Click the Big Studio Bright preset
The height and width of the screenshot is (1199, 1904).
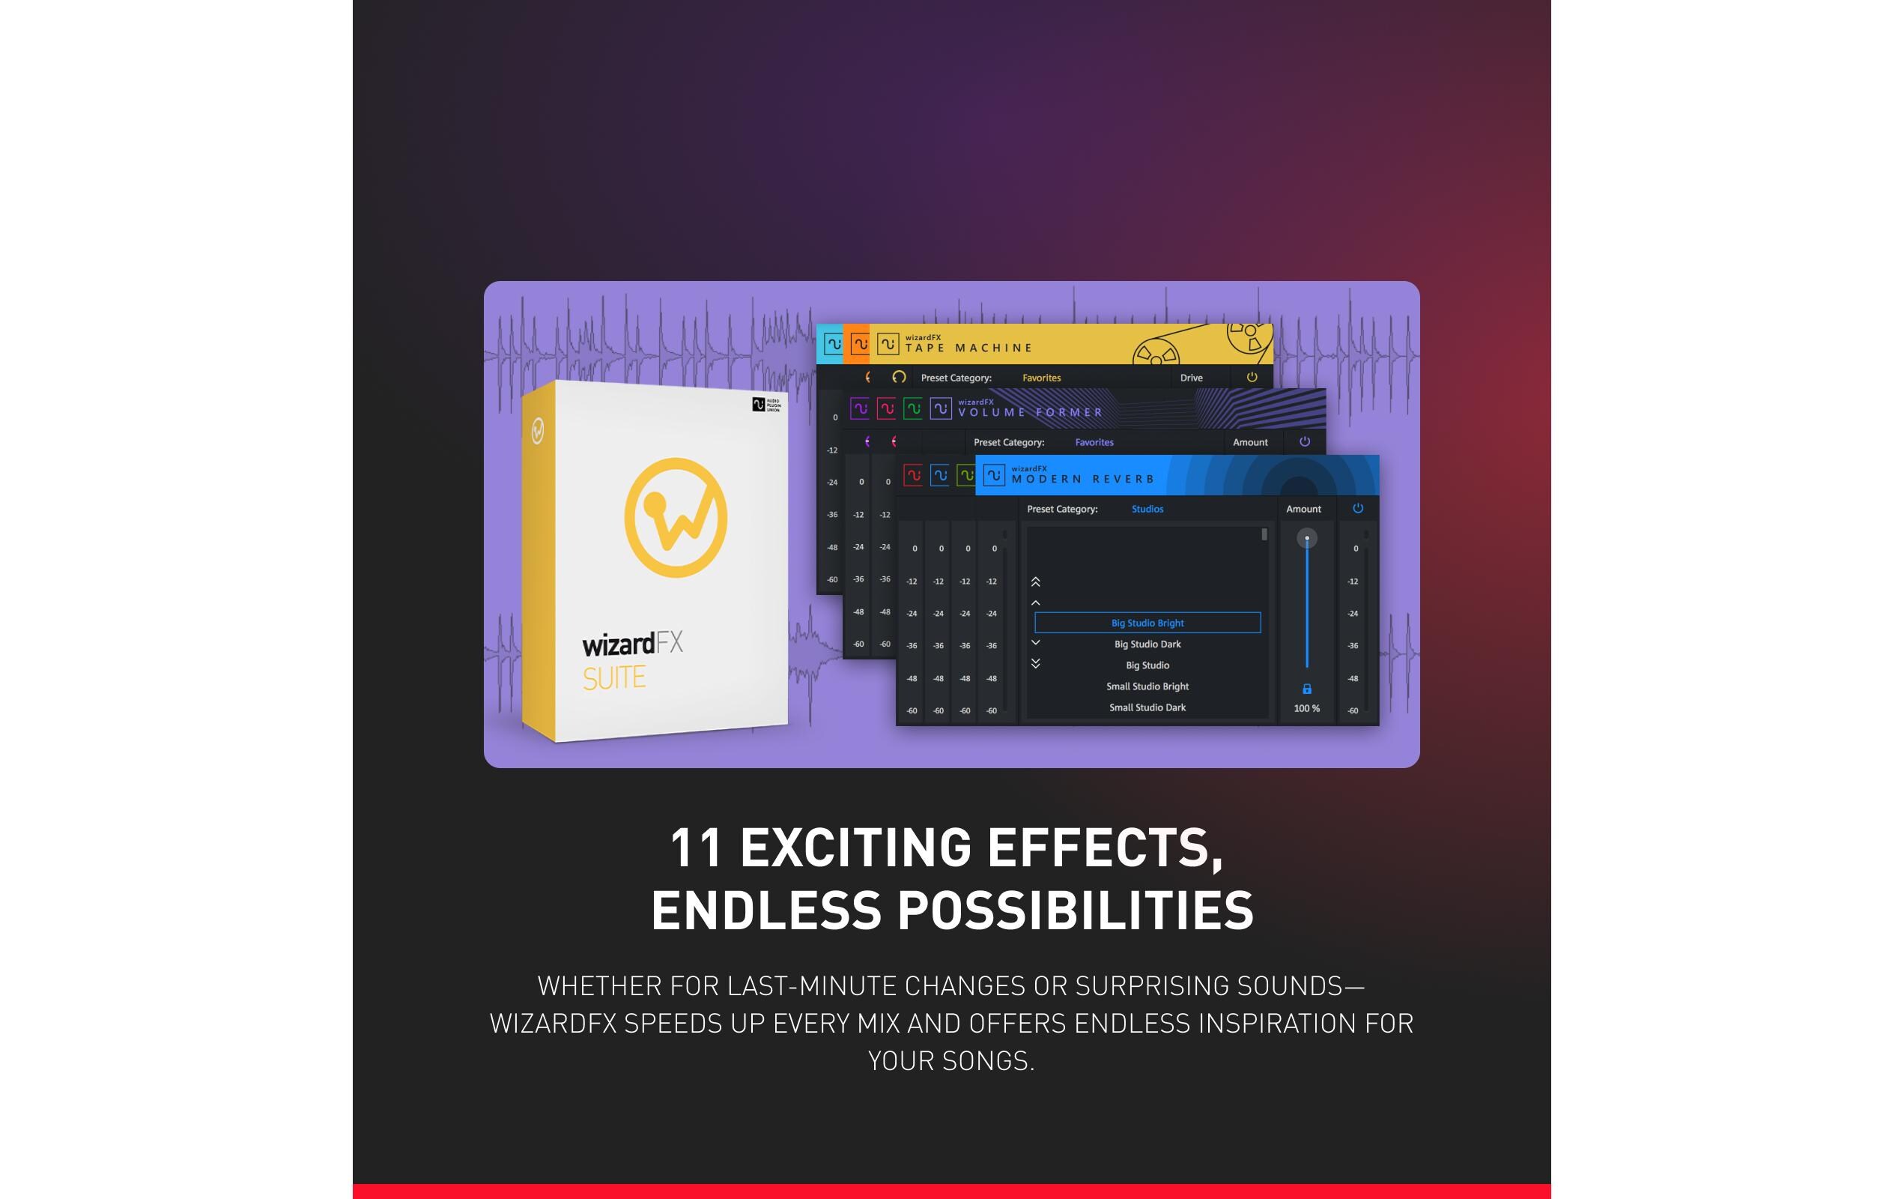[1147, 623]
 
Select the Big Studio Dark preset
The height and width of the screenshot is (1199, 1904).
[1147, 644]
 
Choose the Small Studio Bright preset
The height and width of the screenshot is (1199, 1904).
[1147, 686]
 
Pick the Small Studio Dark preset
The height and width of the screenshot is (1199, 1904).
[1147, 708]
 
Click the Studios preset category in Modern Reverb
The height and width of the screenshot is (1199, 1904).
[1147, 510]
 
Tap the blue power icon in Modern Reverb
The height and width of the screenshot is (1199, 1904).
[1358, 509]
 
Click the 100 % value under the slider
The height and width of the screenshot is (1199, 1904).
[1306, 709]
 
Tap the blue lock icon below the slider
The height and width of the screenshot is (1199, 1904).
[1307, 689]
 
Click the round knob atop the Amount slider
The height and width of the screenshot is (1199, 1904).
[1307, 538]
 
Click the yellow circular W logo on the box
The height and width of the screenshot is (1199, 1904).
[676, 517]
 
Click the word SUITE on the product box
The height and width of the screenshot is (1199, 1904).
[614, 677]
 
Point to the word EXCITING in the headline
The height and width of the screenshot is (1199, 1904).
[855, 847]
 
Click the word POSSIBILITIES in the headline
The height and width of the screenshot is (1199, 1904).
[1076, 910]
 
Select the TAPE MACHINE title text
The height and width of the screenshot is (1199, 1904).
[968, 348]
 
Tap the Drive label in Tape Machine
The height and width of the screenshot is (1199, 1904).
[1191, 378]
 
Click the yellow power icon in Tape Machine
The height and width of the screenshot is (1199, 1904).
[1252, 377]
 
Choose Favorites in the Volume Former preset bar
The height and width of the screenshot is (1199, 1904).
[1094, 443]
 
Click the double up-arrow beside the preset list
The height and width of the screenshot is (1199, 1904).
[1035, 582]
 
